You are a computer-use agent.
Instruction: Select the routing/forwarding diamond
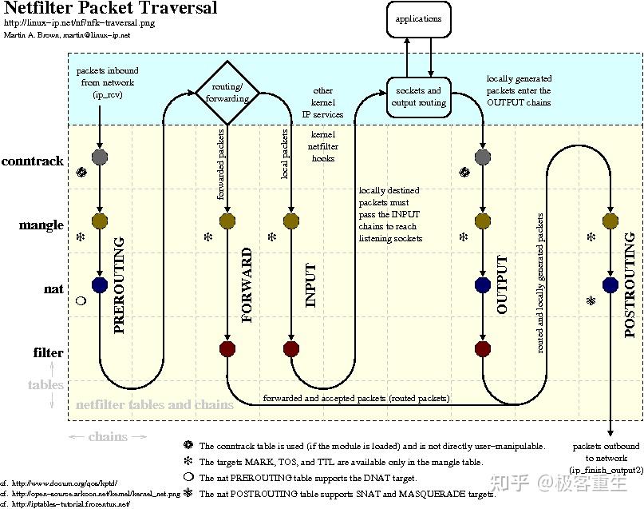click(x=227, y=93)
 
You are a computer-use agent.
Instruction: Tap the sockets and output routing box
click(x=417, y=97)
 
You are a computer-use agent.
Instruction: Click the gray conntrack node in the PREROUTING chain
click(x=99, y=157)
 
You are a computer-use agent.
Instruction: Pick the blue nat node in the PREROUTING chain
click(x=99, y=284)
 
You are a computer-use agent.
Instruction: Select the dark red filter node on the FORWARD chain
click(x=227, y=348)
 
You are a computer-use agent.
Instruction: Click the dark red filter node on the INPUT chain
click(x=291, y=348)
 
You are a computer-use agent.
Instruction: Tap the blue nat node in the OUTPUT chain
click(x=482, y=284)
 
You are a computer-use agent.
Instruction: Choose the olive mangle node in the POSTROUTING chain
click(x=610, y=221)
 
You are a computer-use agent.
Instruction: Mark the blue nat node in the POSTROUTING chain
click(x=610, y=284)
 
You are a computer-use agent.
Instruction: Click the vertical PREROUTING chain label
click(x=120, y=284)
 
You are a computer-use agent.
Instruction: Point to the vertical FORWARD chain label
click(x=247, y=284)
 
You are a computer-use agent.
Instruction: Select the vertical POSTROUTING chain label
click(x=630, y=284)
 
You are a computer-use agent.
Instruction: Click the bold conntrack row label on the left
click(x=33, y=161)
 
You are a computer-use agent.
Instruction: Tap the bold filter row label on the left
click(x=48, y=352)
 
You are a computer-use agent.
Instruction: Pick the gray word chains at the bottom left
click(x=108, y=437)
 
